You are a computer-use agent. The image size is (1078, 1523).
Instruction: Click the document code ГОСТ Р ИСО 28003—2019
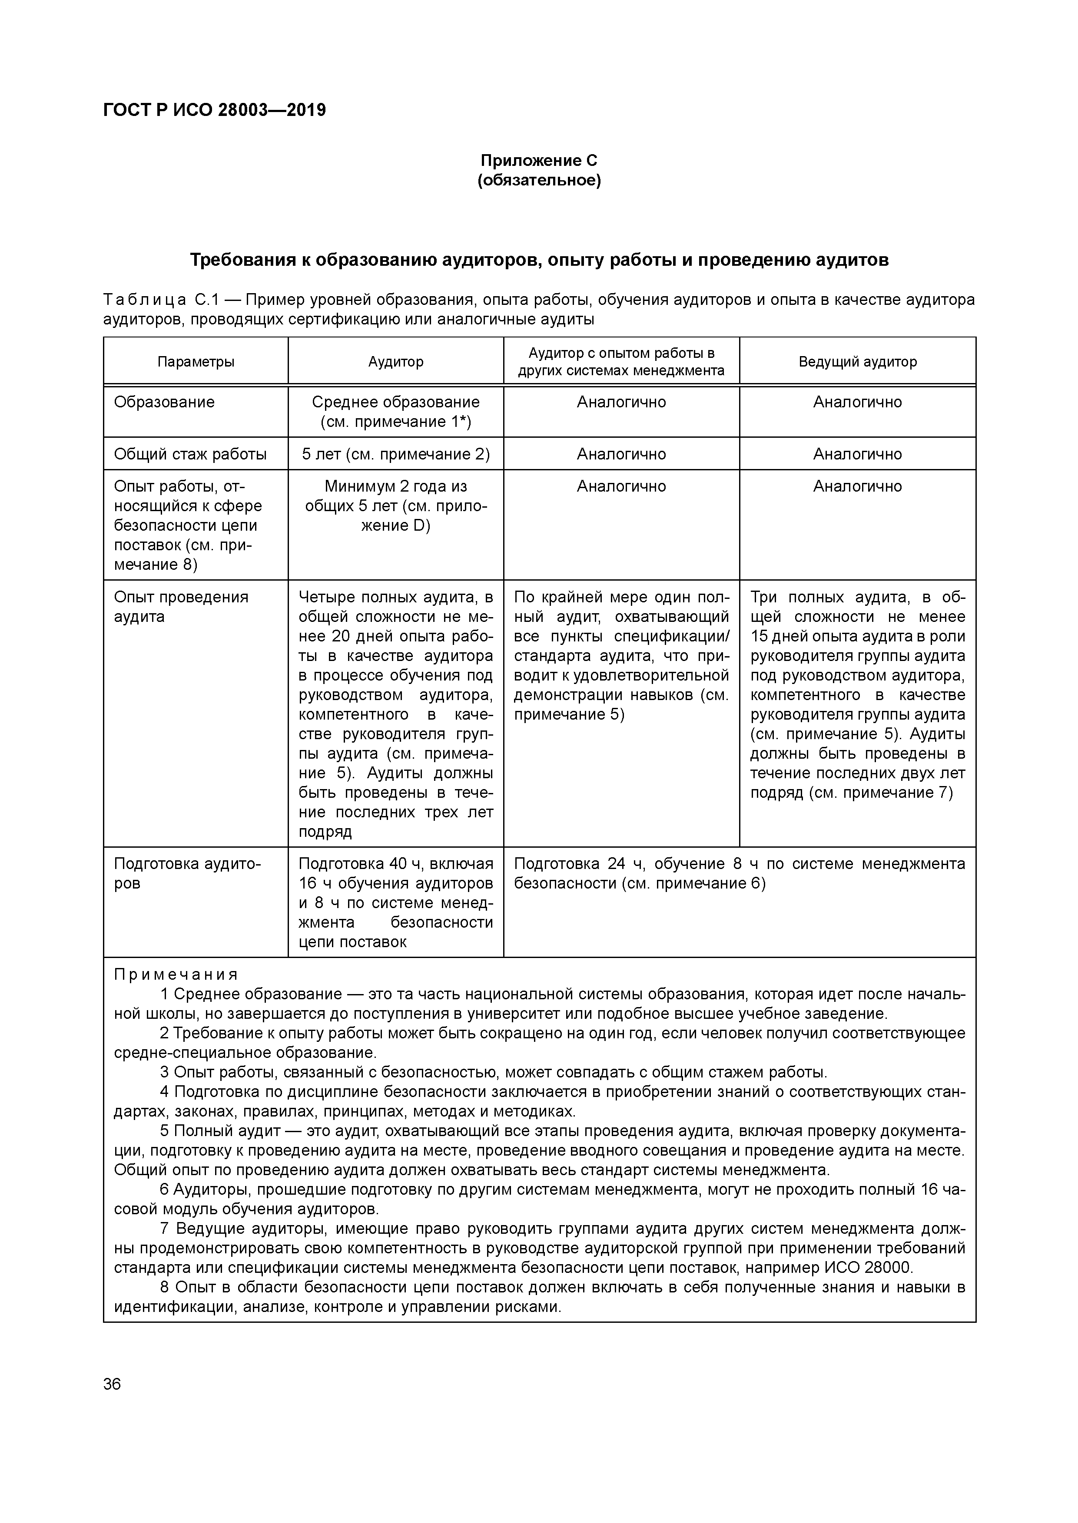pyautogui.click(x=214, y=110)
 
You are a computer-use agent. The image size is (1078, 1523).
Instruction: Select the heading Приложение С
pyautogui.click(x=538, y=161)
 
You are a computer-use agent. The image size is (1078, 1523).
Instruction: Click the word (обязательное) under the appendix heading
pyautogui.click(x=538, y=180)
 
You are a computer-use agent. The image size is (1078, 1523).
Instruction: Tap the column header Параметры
pyautogui.click(x=196, y=361)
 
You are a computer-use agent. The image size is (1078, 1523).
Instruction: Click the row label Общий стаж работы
pyautogui.click(x=190, y=454)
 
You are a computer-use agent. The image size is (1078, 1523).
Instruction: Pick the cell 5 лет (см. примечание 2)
pyautogui.click(x=396, y=454)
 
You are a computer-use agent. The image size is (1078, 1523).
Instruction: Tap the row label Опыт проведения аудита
pyautogui.click(x=181, y=606)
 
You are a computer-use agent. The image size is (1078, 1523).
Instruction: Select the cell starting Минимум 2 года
pyautogui.click(x=396, y=505)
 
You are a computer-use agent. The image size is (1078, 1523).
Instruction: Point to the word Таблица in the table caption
pyautogui.click(x=145, y=300)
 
